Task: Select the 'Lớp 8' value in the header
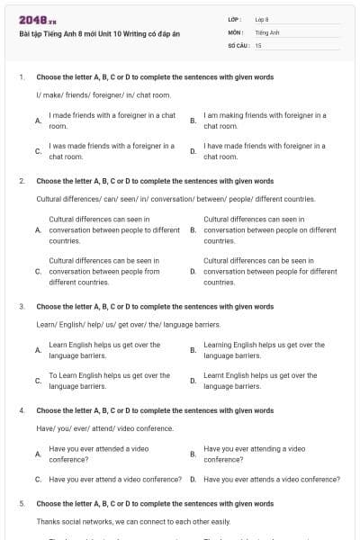(262, 19)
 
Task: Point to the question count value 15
(258, 44)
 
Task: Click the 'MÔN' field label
(236, 31)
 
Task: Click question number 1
(21, 77)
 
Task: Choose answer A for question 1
(38, 120)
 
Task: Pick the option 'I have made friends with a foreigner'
(265, 150)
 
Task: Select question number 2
(21, 181)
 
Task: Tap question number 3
(21, 306)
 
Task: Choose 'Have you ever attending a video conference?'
(255, 454)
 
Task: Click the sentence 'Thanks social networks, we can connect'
(133, 521)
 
